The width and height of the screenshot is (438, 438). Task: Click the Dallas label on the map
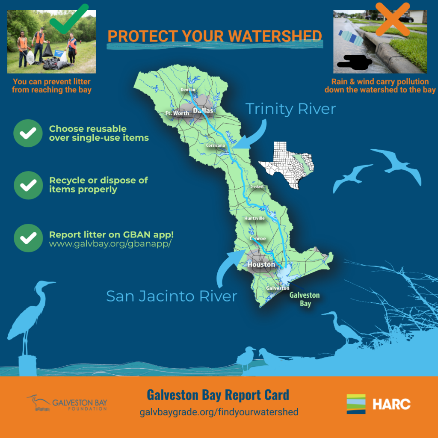click(x=203, y=111)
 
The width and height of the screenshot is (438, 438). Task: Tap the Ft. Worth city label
click(x=178, y=113)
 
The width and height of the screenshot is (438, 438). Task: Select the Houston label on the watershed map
click(x=261, y=264)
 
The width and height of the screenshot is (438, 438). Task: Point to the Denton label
click(x=188, y=90)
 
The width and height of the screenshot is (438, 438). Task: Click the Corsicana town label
click(x=216, y=145)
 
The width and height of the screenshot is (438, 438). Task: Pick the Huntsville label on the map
click(x=255, y=218)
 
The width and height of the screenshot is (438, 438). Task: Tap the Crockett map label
click(x=257, y=186)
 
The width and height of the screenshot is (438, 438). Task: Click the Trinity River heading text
click(x=290, y=109)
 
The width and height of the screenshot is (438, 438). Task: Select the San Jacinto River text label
click(x=172, y=296)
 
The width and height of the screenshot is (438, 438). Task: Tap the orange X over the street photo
click(x=393, y=19)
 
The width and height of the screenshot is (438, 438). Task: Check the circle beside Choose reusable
click(x=28, y=133)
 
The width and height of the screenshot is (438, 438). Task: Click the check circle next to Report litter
click(x=28, y=238)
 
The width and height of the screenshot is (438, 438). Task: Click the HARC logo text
click(x=392, y=404)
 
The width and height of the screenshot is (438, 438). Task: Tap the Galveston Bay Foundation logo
click(x=67, y=403)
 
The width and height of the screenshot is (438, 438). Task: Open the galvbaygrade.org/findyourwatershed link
click(x=219, y=412)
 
